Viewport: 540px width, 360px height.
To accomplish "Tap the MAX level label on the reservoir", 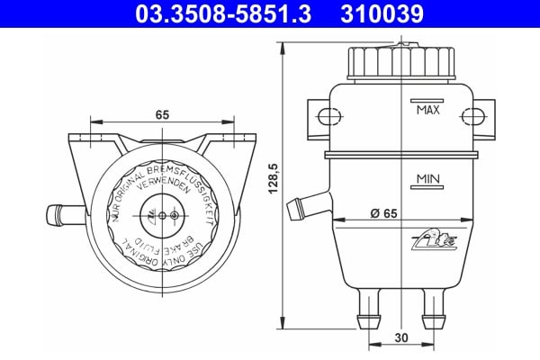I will coord(427,112).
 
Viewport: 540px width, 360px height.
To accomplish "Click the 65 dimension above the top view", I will coord(163,115).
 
